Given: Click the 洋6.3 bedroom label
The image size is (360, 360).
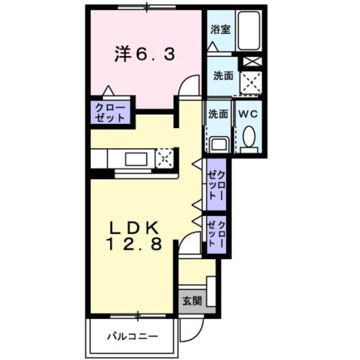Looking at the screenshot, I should point(143,55).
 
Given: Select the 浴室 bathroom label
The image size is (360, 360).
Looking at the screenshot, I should point(220,30).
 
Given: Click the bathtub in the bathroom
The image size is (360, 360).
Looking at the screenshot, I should point(248,31).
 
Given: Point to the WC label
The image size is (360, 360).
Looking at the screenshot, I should point(247,114).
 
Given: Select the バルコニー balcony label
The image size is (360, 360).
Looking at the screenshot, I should point(132,336).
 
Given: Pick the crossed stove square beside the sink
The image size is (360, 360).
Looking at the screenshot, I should point(164,158).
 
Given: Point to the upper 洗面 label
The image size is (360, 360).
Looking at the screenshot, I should point(223,76).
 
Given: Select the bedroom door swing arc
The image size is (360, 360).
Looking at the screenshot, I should point(189,85).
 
